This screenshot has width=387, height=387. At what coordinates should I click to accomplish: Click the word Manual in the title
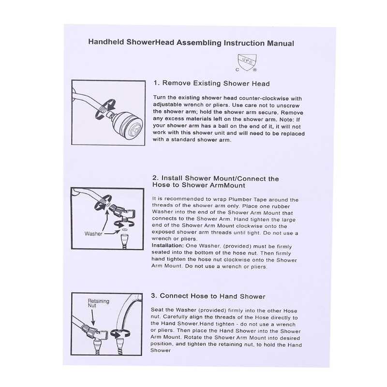click(278, 43)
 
